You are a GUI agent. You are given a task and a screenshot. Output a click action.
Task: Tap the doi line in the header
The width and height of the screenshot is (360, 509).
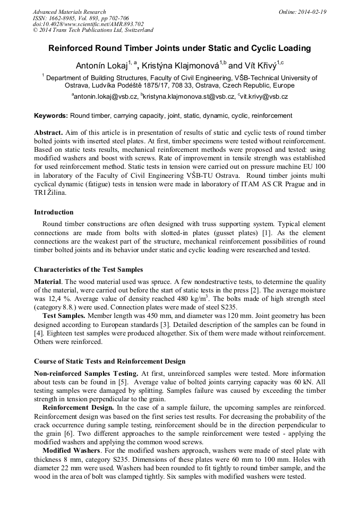(88, 24)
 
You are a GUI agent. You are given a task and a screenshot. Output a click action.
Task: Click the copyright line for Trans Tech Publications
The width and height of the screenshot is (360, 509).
(93, 30)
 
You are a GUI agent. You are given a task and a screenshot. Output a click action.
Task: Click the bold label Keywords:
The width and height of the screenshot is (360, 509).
(51, 115)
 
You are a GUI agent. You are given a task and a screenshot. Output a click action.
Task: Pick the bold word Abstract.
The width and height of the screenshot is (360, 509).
(48, 132)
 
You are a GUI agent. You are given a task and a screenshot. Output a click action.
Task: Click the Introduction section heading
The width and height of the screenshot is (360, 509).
(54, 212)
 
